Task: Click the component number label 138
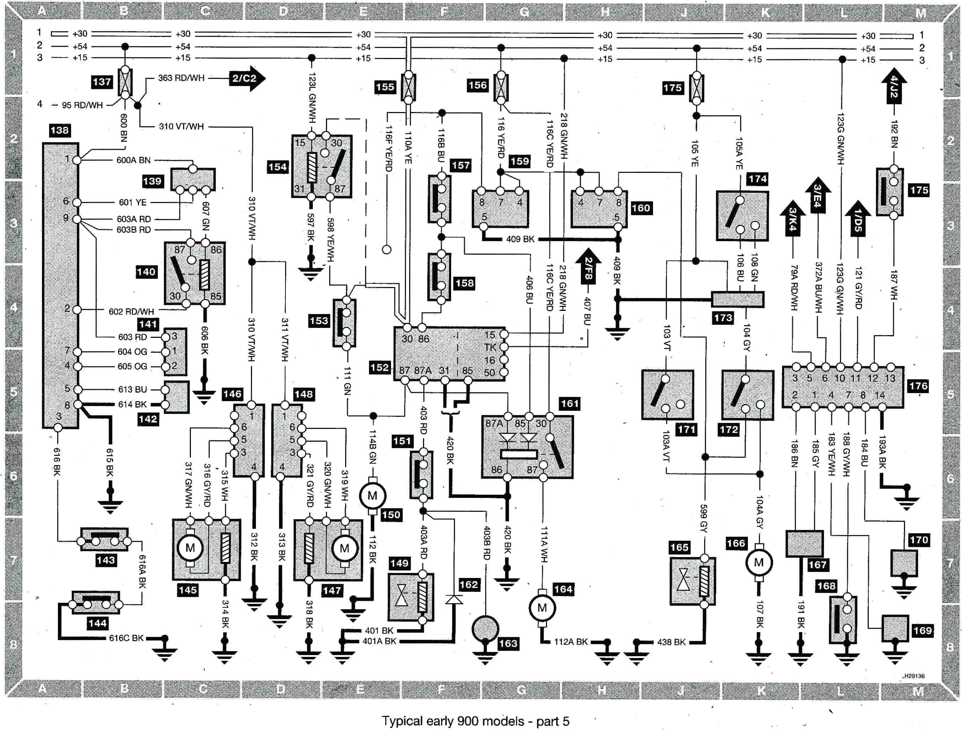(x=60, y=130)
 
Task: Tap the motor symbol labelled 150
(x=372, y=496)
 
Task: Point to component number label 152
(x=379, y=367)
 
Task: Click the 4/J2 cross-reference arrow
(x=893, y=87)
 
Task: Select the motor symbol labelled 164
(x=542, y=608)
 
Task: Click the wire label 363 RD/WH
(x=181, y=78)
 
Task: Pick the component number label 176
(x=918, y=386)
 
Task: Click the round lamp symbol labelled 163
(x=485, y=629)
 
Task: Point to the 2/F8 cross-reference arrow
(x=588, y=267)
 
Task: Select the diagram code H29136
(x=914, y=676)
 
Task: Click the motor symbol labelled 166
(x=759, y=562)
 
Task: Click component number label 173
(x=723, y=318)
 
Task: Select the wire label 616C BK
(x=126, y=638)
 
